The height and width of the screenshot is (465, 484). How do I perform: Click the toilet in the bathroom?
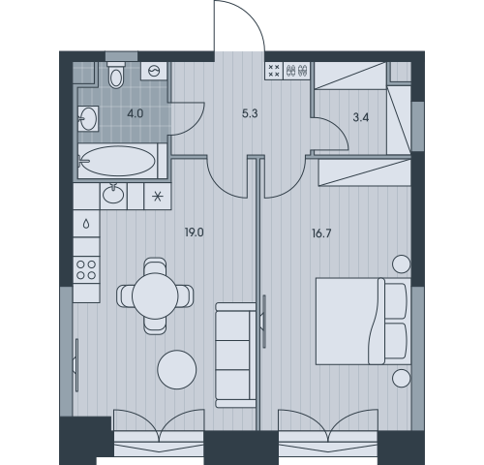[x=116, y=75]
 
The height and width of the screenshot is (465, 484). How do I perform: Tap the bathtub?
[x=118, y=161]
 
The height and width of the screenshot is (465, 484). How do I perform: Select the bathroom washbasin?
[x=88, y=118]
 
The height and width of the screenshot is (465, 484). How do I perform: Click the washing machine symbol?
[x=154, y=71]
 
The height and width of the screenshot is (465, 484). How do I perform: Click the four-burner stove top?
[x=86, y=270]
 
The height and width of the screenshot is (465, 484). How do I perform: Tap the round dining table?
[x=155, y=295]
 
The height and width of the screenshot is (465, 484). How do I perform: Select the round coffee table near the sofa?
[x=177, y=369]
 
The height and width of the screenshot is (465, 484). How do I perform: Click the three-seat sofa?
[x=236, y=355]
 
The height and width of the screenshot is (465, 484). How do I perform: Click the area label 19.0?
[x=195, y=232]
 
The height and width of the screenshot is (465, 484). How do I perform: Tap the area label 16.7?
[x=321, y=233]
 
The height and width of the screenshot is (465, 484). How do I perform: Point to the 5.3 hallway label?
[x=250, y=113]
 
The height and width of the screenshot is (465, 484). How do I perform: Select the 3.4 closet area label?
[x=361, y=117]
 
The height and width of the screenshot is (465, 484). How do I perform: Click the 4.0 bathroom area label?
[x=136, y=113]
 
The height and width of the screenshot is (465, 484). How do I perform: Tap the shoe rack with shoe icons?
[x=296, y=71]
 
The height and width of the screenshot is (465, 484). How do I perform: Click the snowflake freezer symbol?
[x=158, y=196]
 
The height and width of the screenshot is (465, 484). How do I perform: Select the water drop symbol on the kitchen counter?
[x=86, y=224]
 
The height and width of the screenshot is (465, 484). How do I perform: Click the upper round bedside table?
[x=402, y=263]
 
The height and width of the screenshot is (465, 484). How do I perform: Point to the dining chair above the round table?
[x=155, y=266]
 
